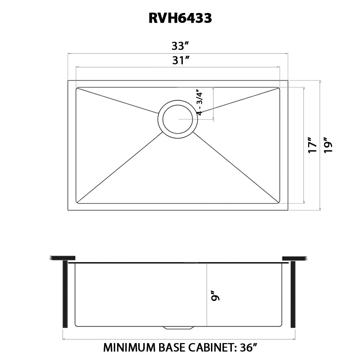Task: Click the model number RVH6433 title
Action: pyautogui.click(x=180, y=18)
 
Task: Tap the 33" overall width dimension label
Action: pyautogui.click(x=180, y=46)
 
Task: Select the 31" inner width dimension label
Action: pyautogui.click(x=180, y=60)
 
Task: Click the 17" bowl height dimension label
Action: pyautogui.click(x=312, y=145)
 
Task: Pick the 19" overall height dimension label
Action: pyautogui.click(x=328, y=145)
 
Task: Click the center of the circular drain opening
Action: pyautogui.click(x=178, y=119)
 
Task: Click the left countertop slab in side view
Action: pyautogui.click(x=63, y=258)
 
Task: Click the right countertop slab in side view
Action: pyautogui.click(x=294, y=258)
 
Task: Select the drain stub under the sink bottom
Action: pyautogui.click(x=178, y=328)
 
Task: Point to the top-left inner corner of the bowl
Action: pyautogui.click(x=77, y=88)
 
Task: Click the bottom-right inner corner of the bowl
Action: pyautogui.click(x=279, y=202)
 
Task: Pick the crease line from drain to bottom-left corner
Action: pyautogui.click(x=119, y=168)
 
